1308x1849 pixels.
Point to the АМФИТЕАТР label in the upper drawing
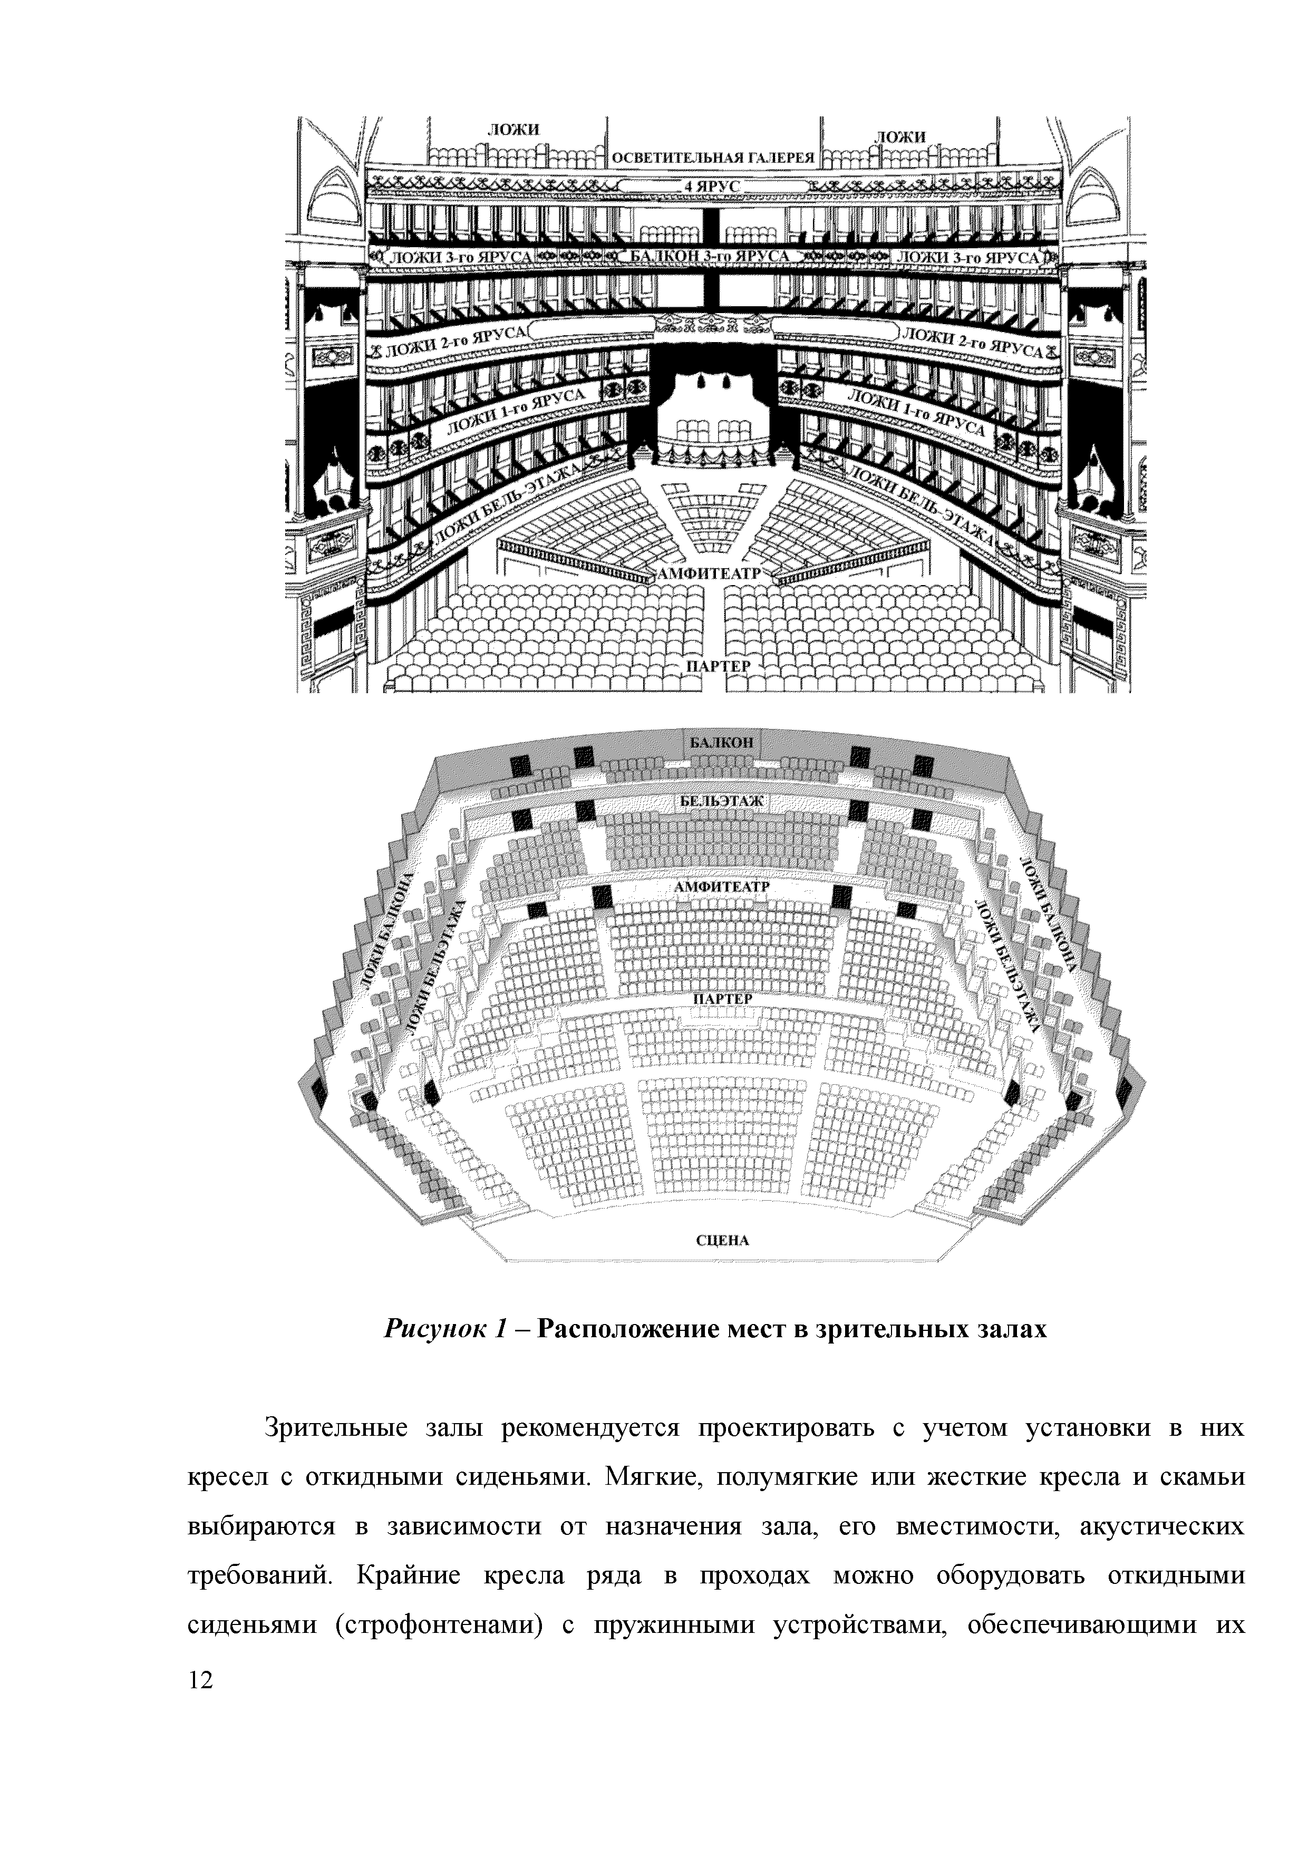(709, 573)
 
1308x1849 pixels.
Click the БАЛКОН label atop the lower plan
(721, 742)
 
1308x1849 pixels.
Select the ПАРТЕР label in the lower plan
(722, 999)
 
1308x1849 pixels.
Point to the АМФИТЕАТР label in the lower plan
(722, 887)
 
